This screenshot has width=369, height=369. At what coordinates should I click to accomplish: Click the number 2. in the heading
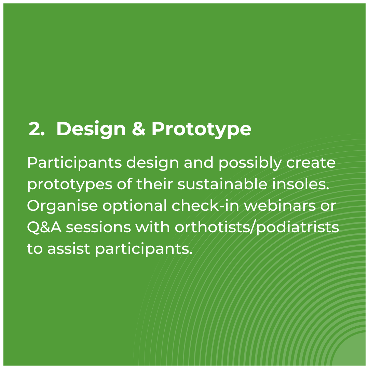pos(37,129)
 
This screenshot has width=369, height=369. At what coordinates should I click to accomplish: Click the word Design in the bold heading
pos(91,129)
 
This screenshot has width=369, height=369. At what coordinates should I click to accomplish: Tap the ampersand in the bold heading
pos(138,129)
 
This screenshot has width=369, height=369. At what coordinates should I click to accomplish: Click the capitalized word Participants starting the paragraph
pos(74,163)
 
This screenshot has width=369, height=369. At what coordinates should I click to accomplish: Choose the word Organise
pos(63,206)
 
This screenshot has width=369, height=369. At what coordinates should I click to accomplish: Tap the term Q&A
pos(44,228)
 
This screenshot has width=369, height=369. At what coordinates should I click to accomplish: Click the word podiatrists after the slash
pos(297,228)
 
